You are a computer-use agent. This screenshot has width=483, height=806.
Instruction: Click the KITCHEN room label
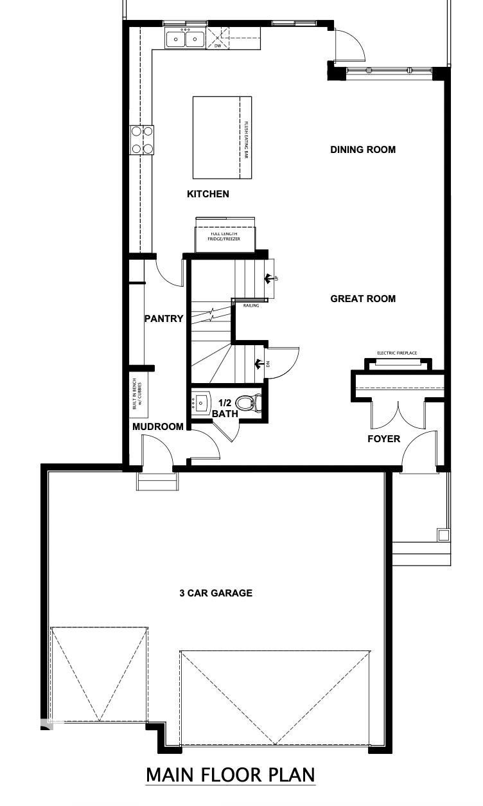click(x=207, y=193)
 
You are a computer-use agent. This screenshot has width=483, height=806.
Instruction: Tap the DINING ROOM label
click(x=363, y=150)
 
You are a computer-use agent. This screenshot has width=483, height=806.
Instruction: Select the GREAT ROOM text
click(x=363, y=298)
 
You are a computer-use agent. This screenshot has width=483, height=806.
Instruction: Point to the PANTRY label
click(x=164, y=318)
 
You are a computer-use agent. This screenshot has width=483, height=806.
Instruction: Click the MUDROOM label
click(x=158, y=426)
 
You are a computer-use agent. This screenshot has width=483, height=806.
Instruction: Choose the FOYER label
click(x=383, y=439)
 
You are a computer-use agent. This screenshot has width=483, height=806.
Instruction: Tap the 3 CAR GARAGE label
click(x=215, y=593)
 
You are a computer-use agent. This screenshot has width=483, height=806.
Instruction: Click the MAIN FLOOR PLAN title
click(x=231, y=775)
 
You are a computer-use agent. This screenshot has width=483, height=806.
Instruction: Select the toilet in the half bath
click(x=247, y=403)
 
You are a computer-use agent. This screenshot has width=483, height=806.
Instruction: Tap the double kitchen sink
click(x=186, y=39)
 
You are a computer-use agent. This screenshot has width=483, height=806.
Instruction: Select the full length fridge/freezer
click(x=225, y=236)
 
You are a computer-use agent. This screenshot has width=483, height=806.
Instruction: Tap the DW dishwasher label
click(x=217, y=46)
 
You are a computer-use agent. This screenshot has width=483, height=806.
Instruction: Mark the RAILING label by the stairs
click(x=251, y=305)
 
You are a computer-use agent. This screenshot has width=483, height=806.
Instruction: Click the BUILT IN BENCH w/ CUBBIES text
click(x=137, y=393)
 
